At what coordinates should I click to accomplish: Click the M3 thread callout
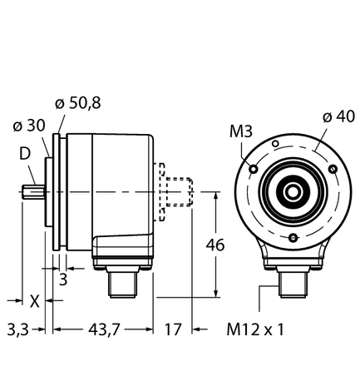coord(240,131)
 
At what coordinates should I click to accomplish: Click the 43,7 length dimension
coord(102,330)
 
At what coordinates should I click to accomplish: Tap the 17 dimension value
coord(174,330)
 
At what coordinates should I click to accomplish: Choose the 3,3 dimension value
coord(17,330)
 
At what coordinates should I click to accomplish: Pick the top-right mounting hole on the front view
coord(330,170)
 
